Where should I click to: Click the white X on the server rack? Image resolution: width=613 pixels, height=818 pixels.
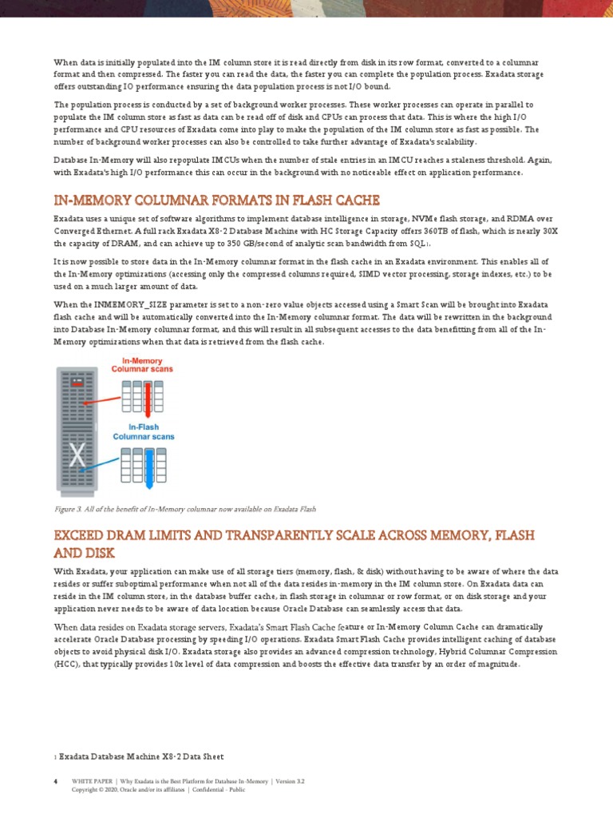[77, 455]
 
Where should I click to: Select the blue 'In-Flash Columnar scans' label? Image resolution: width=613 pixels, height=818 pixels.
[143, 431]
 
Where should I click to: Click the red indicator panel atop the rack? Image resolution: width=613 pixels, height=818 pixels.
[77, 384]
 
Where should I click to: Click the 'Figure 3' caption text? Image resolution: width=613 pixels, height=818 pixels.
[185, 508]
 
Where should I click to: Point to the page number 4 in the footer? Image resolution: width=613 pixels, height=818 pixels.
[55, 781]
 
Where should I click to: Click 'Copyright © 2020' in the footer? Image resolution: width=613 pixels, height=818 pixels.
[95, 790]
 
